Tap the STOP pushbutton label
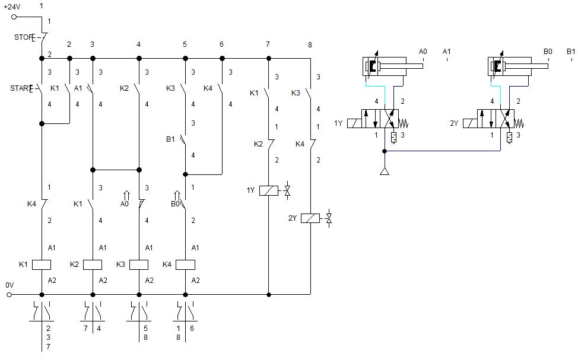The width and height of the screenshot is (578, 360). (x=23, y=37)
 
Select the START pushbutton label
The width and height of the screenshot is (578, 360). (x=21, y=88)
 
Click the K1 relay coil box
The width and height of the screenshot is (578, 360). (x=42, y=265)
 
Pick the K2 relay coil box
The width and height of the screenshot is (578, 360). (x=93, y=265)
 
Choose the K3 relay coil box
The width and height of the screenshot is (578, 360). (x=139, y=265)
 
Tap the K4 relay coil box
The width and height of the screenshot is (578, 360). (x=185, y=265)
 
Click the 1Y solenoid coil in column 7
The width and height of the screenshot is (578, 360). (x=269, y=190)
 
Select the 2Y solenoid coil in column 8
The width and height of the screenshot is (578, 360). (x=310, y=218)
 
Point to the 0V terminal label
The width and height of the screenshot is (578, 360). (x=9, y=285)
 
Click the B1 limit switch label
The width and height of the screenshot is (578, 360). (x=170, y=140)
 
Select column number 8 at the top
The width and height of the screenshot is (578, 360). (x=310, y=44)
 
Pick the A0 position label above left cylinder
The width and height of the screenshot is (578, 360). (x=423, y=52)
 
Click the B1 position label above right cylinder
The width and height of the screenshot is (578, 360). (x=570, y=52)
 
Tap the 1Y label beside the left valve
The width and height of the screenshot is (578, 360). (x=338, y=123)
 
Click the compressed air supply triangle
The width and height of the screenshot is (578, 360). (x=385, y=172)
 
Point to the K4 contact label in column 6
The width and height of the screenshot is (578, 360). (x=208, y=88)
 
